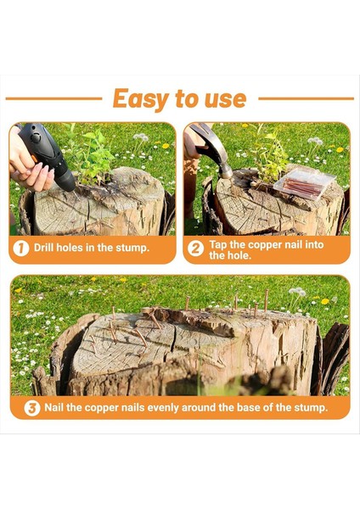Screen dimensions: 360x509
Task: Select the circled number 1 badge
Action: click(21, 248)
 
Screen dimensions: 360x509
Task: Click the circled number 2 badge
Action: click(195, 249)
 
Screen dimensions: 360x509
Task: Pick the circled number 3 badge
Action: click(32, 408)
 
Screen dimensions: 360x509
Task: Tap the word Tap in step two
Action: click(218, 244)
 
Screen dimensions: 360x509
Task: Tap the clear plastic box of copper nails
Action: click(305, 182)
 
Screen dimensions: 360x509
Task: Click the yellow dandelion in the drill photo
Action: click(166, 146)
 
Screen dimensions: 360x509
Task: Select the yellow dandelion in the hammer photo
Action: click(340, 149)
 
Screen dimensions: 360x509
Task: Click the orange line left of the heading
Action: click(54, 98)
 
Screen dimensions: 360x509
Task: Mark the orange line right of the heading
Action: click(306, 98)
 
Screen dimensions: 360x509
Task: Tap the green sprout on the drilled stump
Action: click(93, 156)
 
